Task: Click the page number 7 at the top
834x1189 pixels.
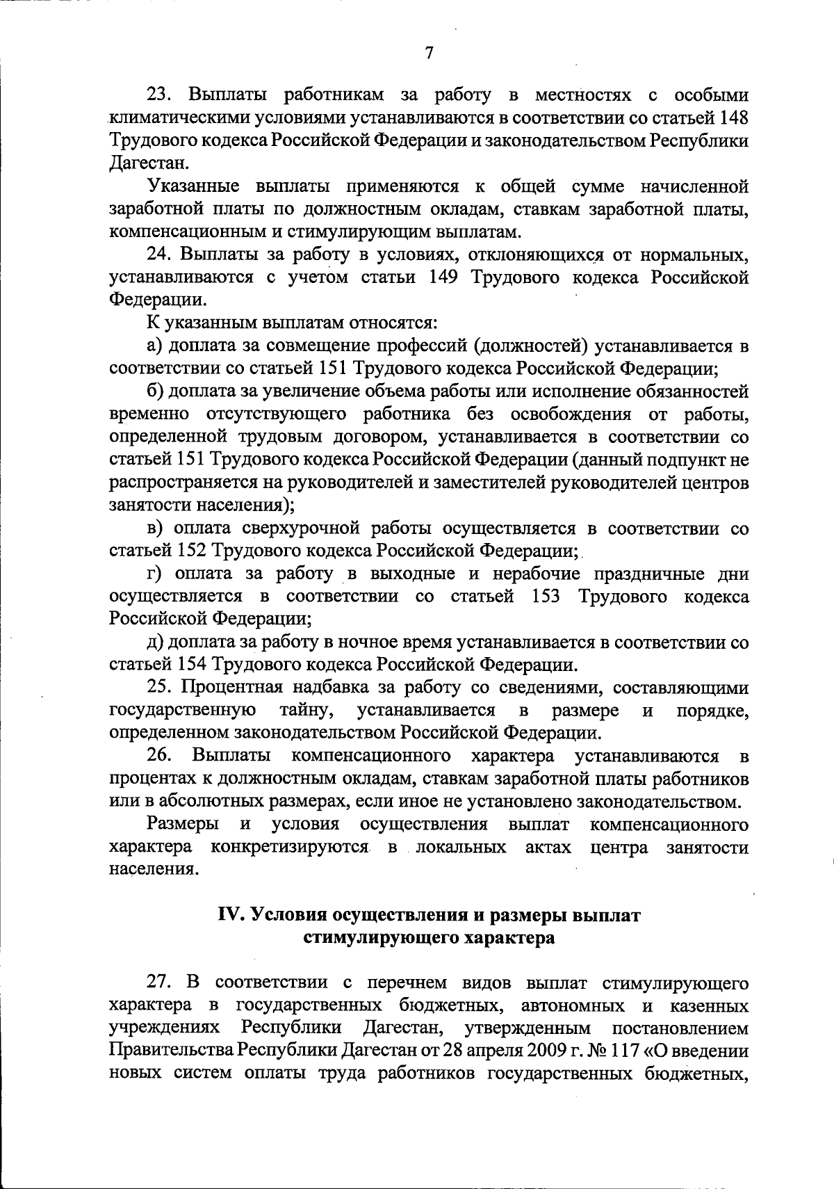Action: tap(429, 53)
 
